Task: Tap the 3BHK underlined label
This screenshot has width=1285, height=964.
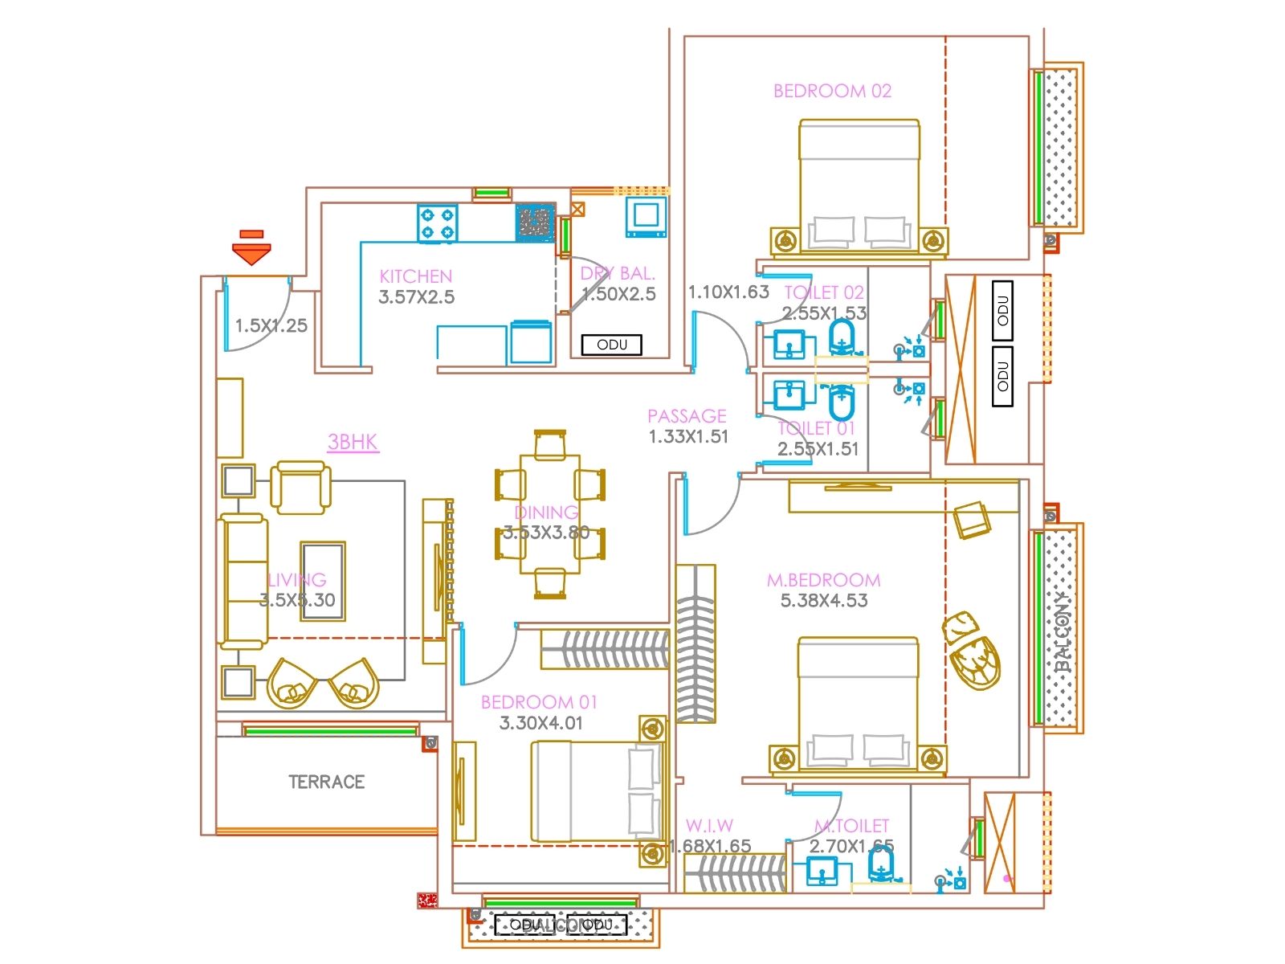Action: pyautogui.click(x=353, y=442)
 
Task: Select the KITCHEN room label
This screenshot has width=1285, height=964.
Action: pyautogui.click(x=416, y=276)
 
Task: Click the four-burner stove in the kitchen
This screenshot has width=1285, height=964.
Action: pyautogui.click(x=438, y=223)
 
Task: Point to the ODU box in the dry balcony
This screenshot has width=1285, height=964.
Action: pyautogui.click(x=612, y=345)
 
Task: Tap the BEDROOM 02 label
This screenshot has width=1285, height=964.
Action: pyautogui.click(x=832, y=91)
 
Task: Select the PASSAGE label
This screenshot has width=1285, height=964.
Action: pyautogui.click(x=687, y=416)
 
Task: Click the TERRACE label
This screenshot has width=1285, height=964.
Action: pyautogui.click(x=326, y=782)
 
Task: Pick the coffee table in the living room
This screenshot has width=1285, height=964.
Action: pyautogui.click(x=323, y=581)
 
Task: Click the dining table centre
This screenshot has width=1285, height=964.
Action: pyautogui.click(x=550, y=514)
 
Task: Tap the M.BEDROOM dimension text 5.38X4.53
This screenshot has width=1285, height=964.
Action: pyautogui.click(x=824, y=600)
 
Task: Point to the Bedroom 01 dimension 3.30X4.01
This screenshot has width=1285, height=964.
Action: pyautogui.click(x=541, y=723)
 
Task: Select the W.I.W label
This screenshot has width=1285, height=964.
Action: pyautogui.click(x=709, y=826)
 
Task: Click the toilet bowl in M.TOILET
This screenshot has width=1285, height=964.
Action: pyautogui.click(x=881, y=866)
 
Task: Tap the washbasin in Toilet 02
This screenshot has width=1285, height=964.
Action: pyautogui.click(x=789, y=344)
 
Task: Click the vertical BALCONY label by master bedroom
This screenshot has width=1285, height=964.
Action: pyautogui.click(x=1063, y=631)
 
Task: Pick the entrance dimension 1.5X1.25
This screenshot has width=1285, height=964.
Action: pyautogui.click(x=271, y=325)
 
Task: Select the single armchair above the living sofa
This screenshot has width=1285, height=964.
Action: pyautogui.click(x=300, y=487)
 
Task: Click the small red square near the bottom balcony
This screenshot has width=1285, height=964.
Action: pyautogui.click(x=426, y=901)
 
